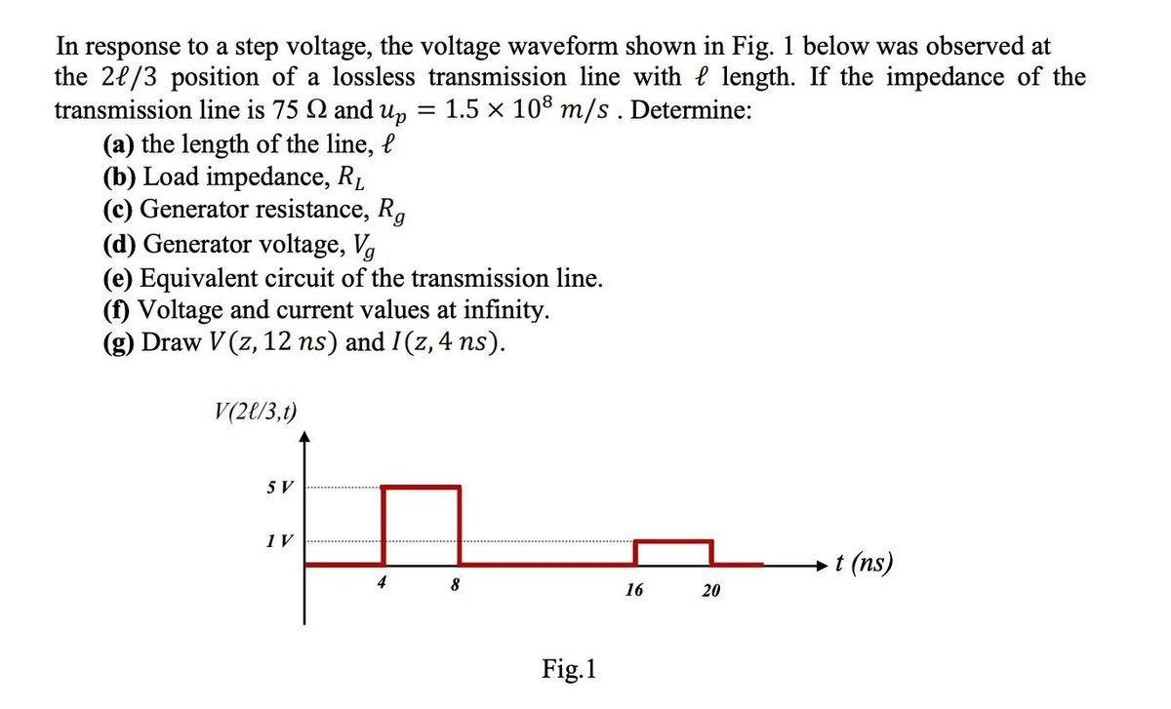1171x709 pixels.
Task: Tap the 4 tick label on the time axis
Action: [383, 582]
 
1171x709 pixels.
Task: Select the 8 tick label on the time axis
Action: [456, 586]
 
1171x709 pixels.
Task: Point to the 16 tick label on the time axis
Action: [634, 590]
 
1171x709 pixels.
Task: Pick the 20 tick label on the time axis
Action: [711, 590]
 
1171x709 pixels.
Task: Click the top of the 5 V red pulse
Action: [421, 487]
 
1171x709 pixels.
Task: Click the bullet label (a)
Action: [119, 145]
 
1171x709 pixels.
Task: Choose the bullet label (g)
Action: [119, 343]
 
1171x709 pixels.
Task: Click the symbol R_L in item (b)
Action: [352, 179]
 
